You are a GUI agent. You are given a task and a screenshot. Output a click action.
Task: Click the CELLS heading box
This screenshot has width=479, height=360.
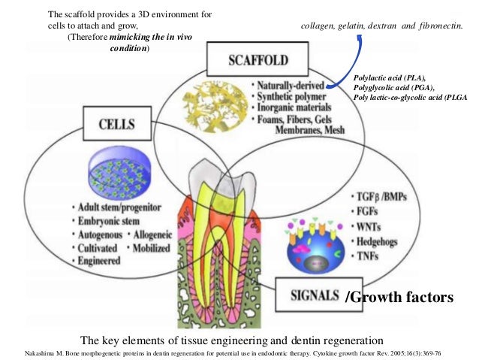coord(120,122)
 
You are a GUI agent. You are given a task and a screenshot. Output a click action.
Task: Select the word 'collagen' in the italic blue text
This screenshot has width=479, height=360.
coord(318,28)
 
